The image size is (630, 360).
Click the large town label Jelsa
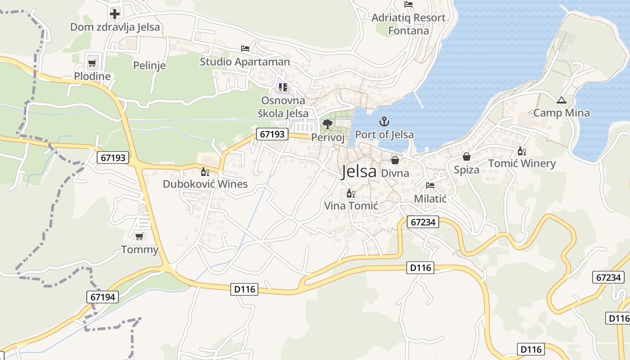coord(359,171)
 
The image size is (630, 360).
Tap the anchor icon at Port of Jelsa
coord(384,121)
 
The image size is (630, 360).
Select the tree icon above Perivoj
coord(328,124)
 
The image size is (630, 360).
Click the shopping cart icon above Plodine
coord(92,63)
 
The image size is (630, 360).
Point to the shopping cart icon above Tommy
coord(139,236)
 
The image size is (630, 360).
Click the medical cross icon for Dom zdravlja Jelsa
coord(115,13)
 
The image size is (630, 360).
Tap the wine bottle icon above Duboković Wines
coord(205,171)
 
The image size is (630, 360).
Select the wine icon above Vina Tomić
coord(351,193)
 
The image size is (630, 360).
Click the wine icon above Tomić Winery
coord(522,151)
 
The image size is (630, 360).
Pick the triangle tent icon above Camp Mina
coord(561,100)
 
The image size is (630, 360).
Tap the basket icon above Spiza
coord(466,157)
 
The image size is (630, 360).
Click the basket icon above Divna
coord(395,160)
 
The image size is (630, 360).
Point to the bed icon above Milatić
coord(430,185)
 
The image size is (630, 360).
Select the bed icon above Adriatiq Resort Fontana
coord(409,4)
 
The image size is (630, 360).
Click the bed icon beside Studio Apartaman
coord(245,48)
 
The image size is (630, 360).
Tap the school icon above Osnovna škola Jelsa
coord(283,87)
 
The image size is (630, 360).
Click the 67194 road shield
coord(103,297)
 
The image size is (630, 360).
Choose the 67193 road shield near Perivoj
coord(272,134)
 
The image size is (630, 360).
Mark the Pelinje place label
coord(149,66)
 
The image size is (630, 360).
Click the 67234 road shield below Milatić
coord(423,222)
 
